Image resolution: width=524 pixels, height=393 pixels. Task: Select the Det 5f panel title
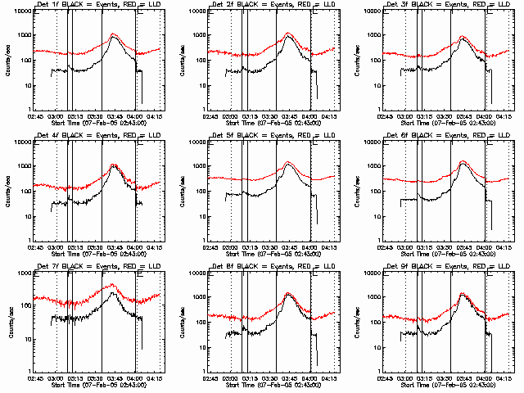273,137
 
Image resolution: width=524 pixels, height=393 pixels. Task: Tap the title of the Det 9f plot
448,268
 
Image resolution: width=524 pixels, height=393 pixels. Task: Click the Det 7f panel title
98,268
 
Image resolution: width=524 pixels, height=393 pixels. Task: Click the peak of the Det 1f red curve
114,34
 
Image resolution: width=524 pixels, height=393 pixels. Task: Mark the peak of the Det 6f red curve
463,161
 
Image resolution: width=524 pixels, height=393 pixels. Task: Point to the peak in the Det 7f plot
114,285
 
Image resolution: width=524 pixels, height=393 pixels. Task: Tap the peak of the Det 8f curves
288,293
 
